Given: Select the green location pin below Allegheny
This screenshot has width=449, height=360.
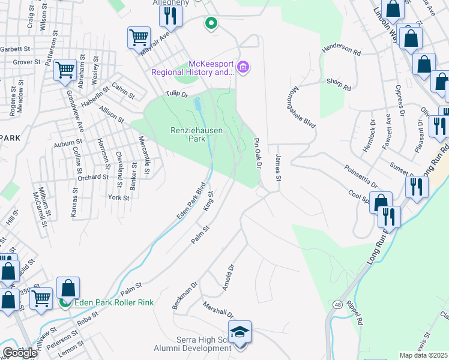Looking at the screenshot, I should pos(211,24).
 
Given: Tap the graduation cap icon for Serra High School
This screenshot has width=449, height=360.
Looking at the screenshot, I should pos(240,332).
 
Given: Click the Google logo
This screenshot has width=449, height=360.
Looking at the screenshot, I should pos(20,353).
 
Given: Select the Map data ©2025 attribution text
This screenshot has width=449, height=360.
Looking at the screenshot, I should pos(423,355).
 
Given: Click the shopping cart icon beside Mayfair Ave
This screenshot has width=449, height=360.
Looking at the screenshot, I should pos(139,37).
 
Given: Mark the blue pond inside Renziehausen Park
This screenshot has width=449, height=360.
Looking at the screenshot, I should pos(197,106).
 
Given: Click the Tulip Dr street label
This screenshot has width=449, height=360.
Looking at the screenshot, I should pos(177,94).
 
